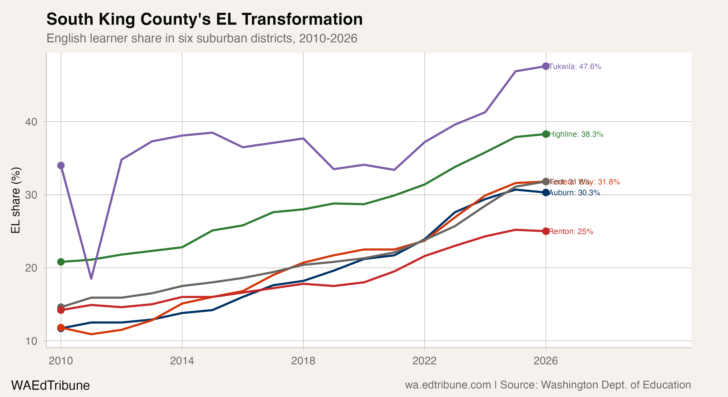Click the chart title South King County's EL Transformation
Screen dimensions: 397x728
click(204, 19)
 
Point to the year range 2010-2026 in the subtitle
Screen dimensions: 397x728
click(328, 38)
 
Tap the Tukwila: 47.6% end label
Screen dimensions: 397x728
click(575, 67)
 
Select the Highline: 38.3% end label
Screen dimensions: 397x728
click(576, 134)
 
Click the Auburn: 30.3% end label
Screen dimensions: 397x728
click(574, 193)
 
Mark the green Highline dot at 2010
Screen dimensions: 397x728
click(61, 262)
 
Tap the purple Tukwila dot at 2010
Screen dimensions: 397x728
click(61, 165)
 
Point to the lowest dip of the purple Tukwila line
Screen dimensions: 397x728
click(91, 278)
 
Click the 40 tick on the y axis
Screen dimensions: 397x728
click(31, 122)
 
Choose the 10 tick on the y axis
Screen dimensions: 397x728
click(31, 341)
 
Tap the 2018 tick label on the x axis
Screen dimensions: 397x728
click(303, 361)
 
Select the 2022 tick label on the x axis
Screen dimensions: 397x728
click(424, 361)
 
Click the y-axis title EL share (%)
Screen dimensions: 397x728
click(15, 200)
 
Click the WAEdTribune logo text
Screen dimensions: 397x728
click(50, 385)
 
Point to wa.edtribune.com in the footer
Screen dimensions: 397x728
click(448, 385)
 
